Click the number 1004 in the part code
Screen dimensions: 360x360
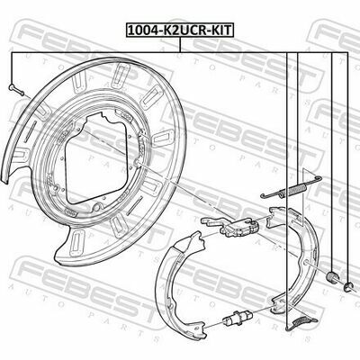[x=141, y=29]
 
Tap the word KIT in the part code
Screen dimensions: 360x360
[x=217, y=29]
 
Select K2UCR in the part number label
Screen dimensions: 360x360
[x=181, y=29]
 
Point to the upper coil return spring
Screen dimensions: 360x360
[x=287, y=185]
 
